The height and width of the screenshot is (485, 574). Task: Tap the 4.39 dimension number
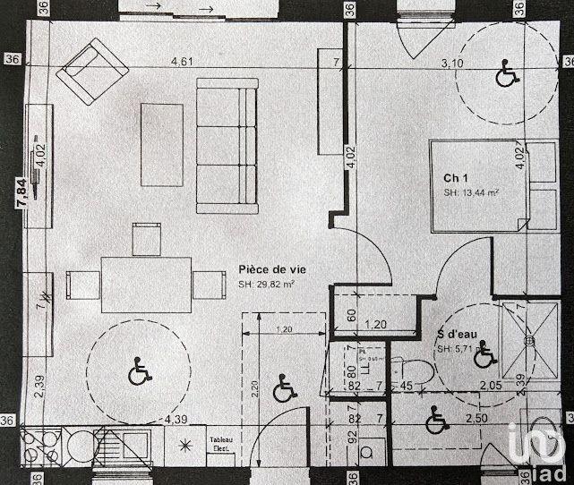click(176, 419)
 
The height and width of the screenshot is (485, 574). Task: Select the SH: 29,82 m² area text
click(266, 285)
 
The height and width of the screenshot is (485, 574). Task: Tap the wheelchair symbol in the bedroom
click(506, 73)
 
